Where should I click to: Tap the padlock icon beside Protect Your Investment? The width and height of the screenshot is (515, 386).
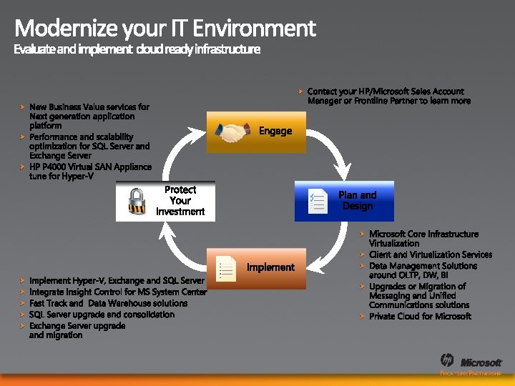tap(137, 201)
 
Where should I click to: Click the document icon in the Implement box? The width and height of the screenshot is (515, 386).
tap(226, 267)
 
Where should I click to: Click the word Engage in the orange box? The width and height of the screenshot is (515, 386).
tap(275, 131)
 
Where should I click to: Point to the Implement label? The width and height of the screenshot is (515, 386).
tap(270, 267)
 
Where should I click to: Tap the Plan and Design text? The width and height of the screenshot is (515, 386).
tap(357, 200)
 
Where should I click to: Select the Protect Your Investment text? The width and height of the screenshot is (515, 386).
tap(180, 201)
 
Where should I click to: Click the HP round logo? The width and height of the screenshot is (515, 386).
tap(448, 360)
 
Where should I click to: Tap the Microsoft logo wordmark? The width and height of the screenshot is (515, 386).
tap(481, 362)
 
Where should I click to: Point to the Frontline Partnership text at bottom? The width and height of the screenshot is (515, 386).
tap(471, 374)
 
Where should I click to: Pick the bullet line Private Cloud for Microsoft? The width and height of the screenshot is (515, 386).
tap(420, 317)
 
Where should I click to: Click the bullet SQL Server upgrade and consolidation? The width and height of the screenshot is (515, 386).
tap(102, 315)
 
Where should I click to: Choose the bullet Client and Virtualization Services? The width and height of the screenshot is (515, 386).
tap(431, 254)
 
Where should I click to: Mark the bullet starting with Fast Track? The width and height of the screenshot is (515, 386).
tap(108, 303)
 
